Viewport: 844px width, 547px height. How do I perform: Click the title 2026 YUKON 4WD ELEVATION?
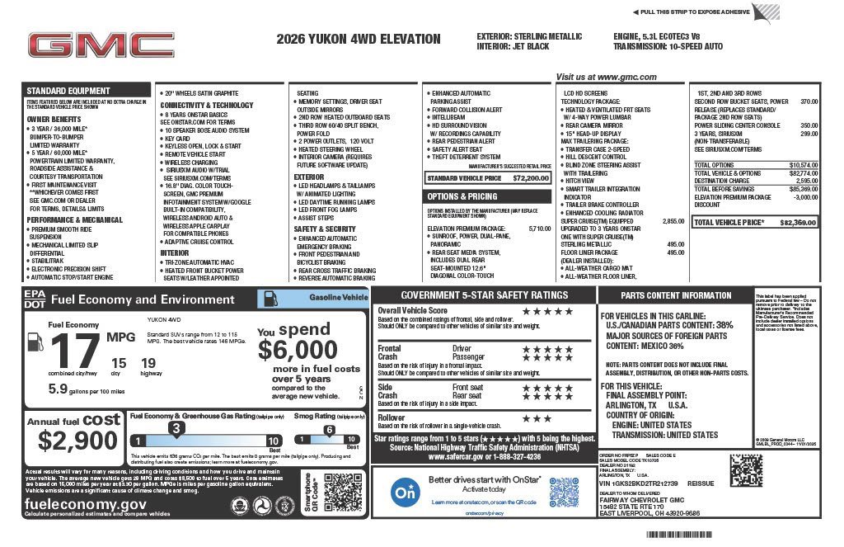[x=359, y=39]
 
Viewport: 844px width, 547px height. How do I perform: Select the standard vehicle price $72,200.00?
[x=531, y=177]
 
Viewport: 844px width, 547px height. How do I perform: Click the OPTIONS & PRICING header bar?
[x=462, y=196]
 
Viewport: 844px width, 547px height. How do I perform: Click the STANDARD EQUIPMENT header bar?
[x=68, y=91]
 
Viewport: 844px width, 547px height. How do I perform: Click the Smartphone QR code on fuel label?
[x=343, y=493]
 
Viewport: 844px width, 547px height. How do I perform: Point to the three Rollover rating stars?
[x=537, y=418]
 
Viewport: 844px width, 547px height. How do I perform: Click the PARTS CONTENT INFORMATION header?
[x=676, y=295]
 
